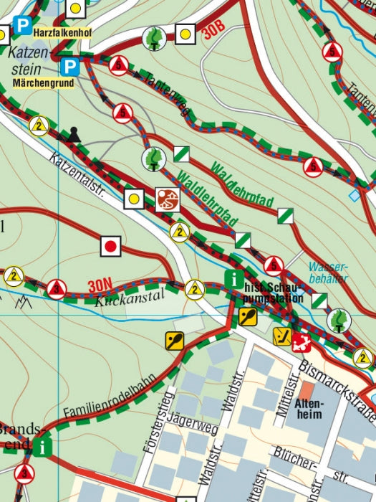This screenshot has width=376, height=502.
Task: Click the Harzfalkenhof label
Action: pos(62,33)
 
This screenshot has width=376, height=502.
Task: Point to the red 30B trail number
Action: pos(213,32)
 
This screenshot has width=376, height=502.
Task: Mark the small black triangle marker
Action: pos(74,133)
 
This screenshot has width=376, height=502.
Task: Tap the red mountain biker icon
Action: pos(168,199)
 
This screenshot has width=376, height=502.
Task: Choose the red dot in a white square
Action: pos(110,247)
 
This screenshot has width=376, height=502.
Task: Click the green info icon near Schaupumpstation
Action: pos(233,278)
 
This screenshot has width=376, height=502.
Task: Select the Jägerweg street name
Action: pos(197,428)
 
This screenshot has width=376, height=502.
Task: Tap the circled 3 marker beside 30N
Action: pos(57,289)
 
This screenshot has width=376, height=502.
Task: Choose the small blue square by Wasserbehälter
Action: pos(354,195)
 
